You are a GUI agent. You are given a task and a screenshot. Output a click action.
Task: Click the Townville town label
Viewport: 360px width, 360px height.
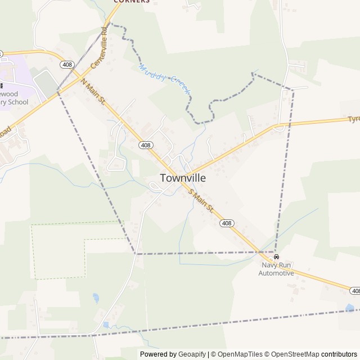183,178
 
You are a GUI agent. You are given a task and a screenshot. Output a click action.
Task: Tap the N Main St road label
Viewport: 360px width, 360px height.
93,92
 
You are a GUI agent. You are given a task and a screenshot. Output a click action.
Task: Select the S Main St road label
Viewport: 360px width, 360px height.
202,201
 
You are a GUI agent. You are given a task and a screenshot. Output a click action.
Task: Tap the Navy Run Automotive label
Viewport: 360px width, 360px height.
276,269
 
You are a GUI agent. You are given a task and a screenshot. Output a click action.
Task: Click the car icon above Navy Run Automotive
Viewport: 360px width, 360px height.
276,257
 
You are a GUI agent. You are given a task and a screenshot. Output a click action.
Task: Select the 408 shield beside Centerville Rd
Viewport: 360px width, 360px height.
67,65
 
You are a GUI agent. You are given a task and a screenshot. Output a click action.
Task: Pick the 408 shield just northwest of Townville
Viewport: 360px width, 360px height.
146,145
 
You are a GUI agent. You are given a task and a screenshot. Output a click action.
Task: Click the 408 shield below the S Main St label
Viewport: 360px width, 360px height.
226,223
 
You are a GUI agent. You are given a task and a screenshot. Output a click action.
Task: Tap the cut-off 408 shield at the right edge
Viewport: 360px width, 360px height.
355,291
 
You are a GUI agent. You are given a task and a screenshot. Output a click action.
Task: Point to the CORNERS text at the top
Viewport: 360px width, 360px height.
132,2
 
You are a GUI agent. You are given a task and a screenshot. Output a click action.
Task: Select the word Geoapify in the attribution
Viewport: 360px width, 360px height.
192,354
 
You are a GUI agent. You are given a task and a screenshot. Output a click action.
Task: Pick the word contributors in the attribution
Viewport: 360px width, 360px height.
340,354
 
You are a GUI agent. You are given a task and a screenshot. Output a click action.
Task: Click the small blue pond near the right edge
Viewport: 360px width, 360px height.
350,308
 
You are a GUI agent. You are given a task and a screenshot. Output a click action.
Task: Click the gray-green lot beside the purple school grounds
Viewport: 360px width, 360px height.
46,83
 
